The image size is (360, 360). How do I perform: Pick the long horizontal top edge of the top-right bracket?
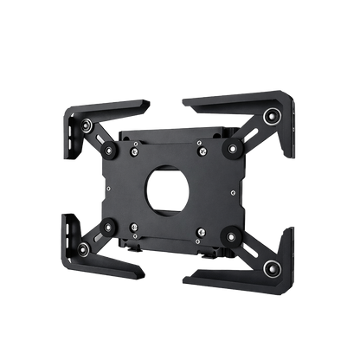tap(227, 99)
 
